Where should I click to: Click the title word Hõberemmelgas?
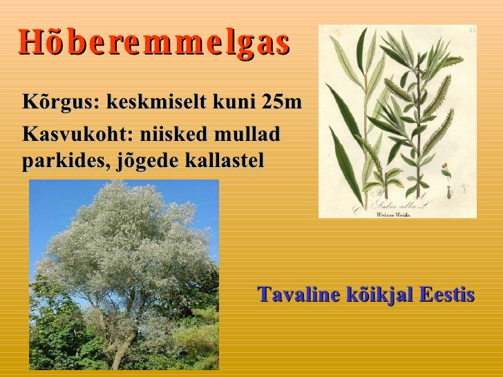point(154,42)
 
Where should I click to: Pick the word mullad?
point(247,134)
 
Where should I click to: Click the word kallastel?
point(225,159)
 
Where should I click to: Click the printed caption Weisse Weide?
point(394,215)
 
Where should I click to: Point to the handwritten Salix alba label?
point(401,204)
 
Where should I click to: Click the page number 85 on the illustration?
point(472,30)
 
